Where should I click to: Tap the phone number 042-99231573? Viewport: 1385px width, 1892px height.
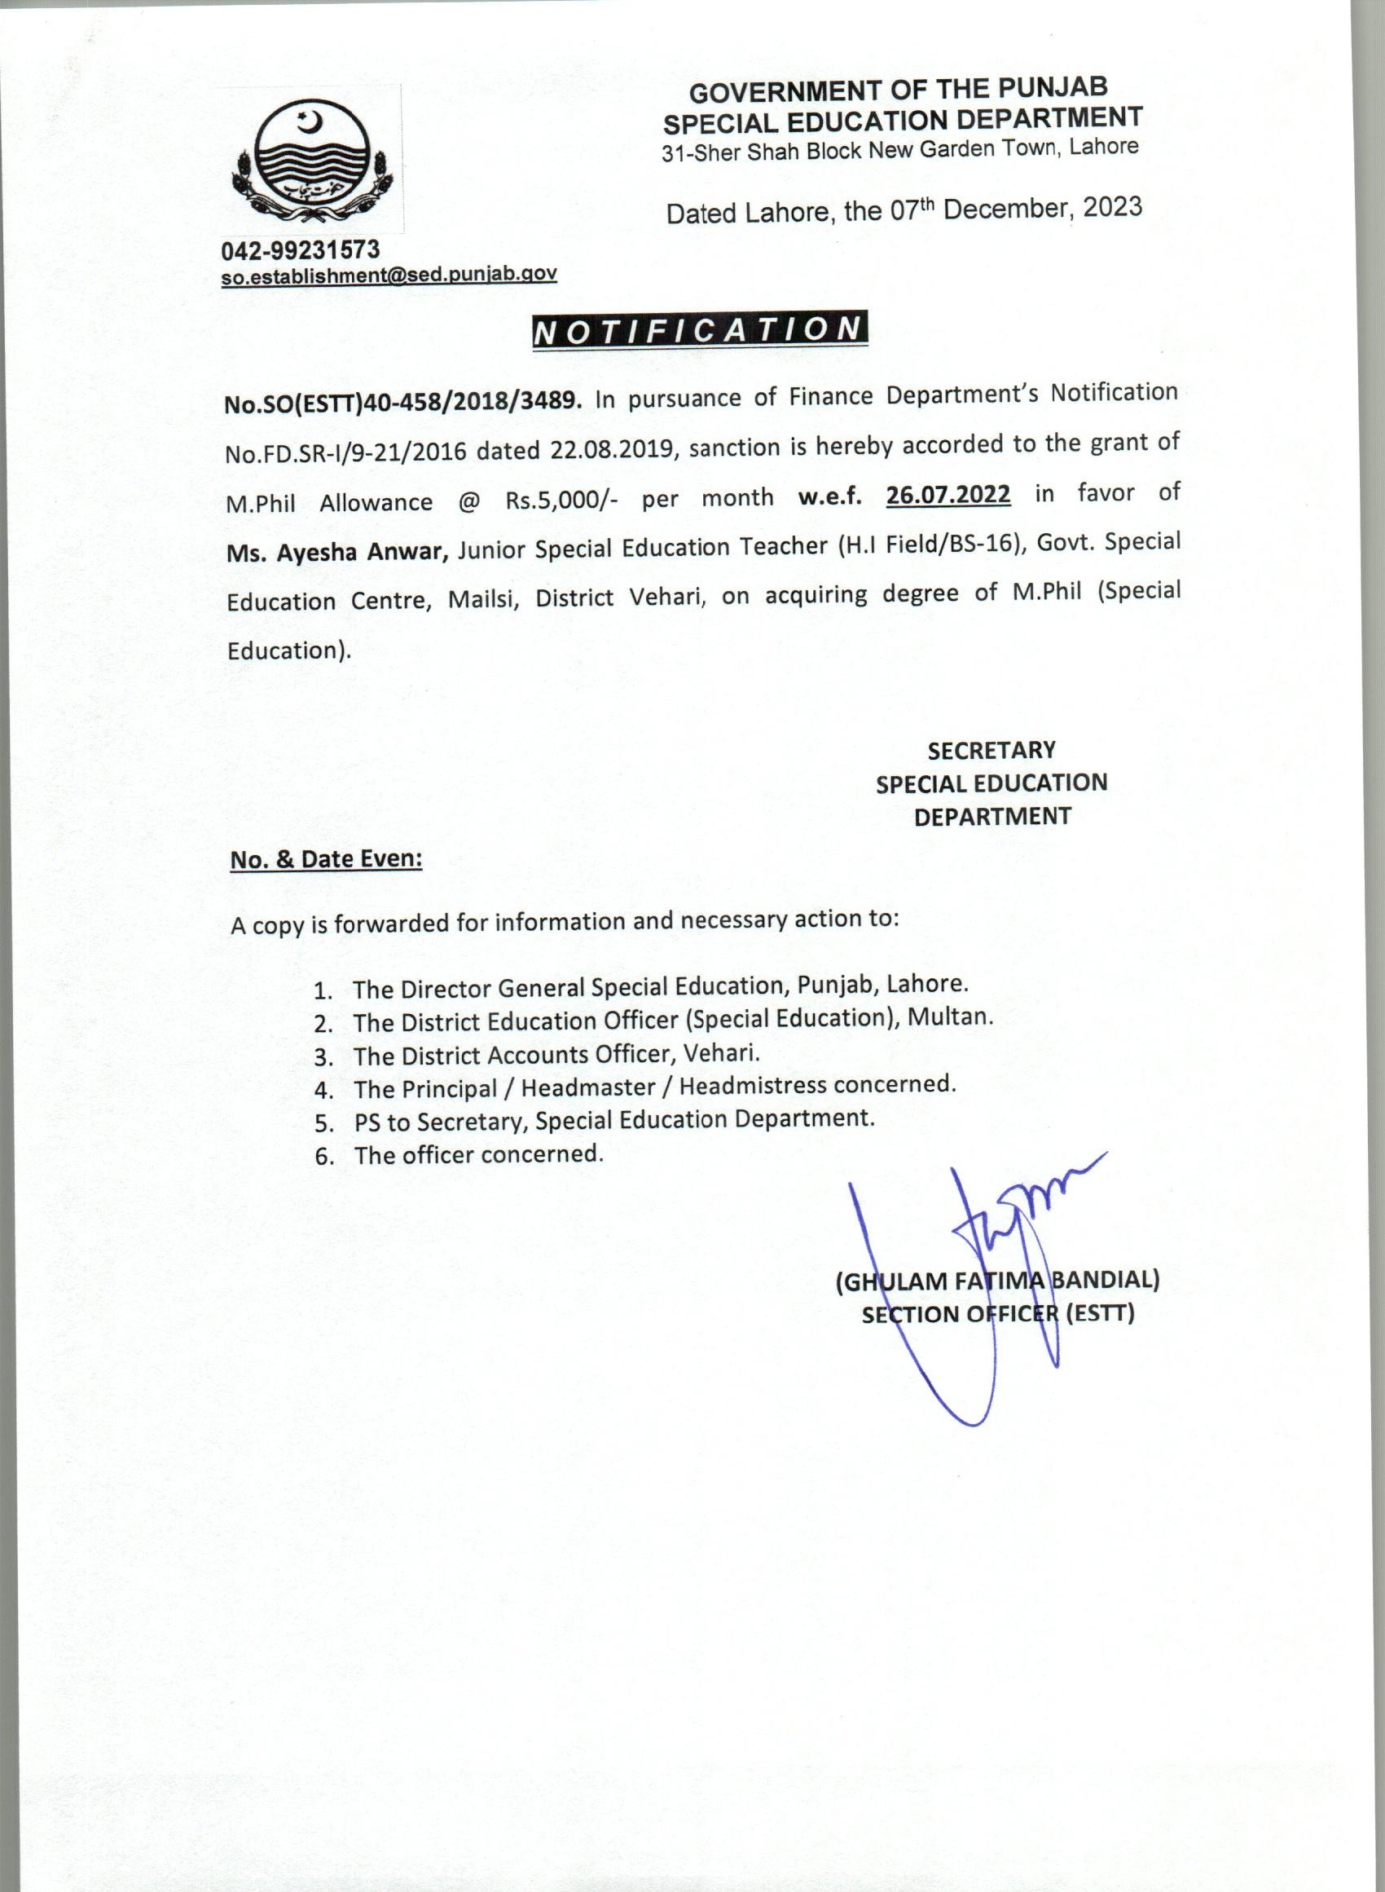coord(300,250)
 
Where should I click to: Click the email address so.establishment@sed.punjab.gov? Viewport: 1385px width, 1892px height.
coord(389,274)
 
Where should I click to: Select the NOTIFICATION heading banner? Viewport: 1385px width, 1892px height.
coord(699,329)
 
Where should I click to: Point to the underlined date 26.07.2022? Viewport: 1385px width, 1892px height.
coord(948,495)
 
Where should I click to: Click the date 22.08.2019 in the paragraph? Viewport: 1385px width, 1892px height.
coord(612,449)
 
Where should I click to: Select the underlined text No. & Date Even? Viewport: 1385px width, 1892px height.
coord(326,860)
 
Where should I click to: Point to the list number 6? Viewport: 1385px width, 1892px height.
coord(323,1158)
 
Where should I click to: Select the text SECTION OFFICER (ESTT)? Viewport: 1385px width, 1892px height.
coord(998,1313)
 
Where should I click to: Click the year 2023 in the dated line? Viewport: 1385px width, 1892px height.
coord(1112,207)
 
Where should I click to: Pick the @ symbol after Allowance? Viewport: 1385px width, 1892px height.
coord(469,501)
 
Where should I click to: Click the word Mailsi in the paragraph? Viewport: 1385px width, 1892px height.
coord(481,600)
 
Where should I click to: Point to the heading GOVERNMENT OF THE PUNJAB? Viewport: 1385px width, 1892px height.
coord(898,89)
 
